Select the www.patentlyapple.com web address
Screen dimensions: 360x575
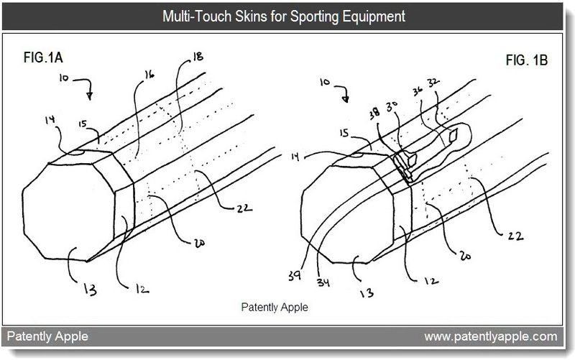[491, 336]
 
